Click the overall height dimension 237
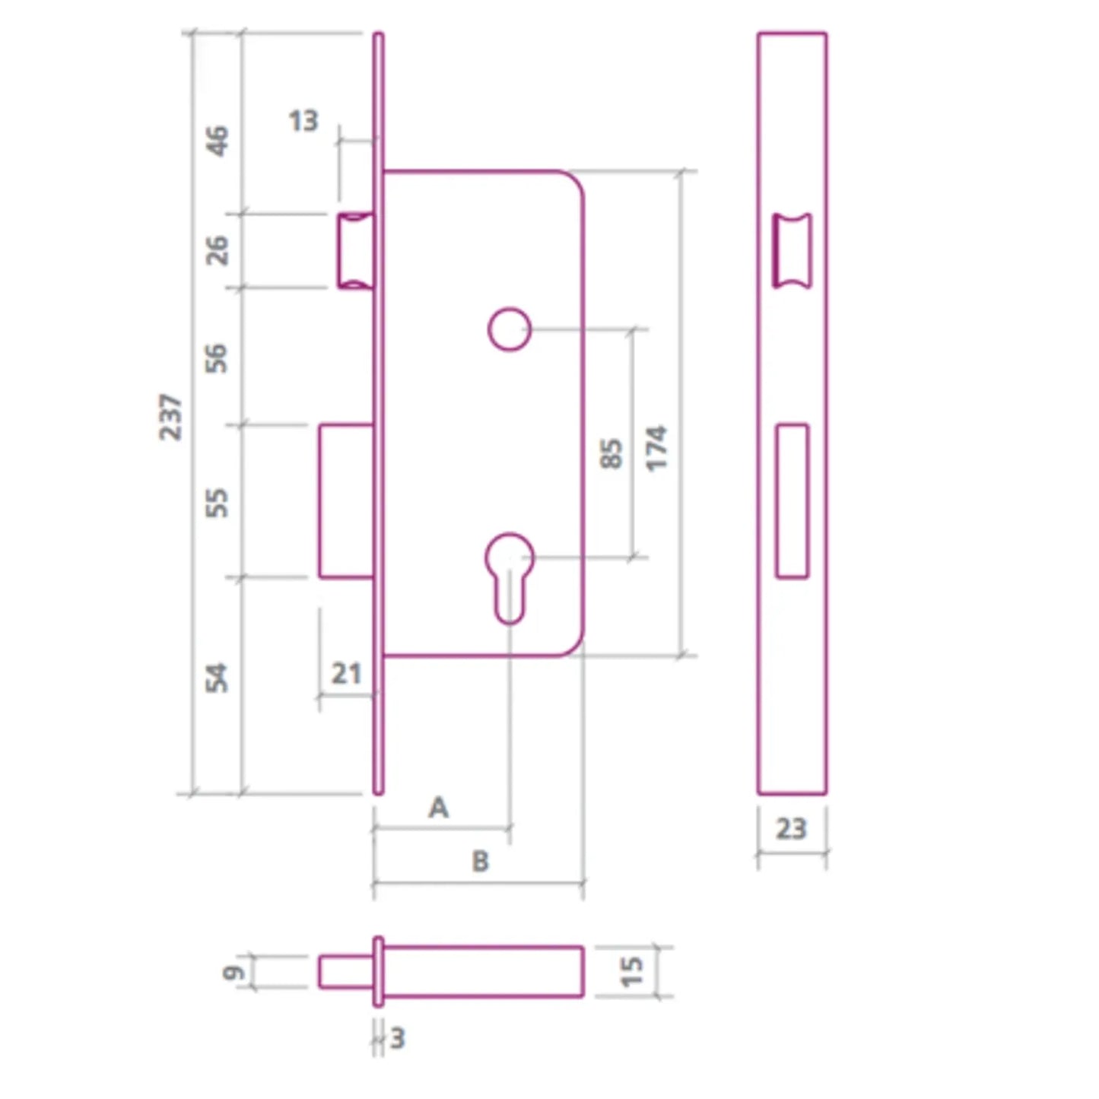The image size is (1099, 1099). [x=170, y=417]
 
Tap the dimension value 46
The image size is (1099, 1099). [x=217, y=141]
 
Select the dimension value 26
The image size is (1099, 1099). [x=217, y=250]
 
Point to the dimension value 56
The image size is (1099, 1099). [x=217, y=358]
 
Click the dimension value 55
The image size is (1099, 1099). [x=217, y=503]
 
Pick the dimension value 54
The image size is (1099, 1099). [x=217, y=678]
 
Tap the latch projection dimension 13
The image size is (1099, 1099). [x=303, y=121]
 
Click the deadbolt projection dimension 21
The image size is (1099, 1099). [x=346, y=674]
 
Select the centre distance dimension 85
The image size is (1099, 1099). [x=611, y=453]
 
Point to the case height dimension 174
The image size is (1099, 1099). [x=656, y=448]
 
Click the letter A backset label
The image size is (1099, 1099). [x=439, y=808]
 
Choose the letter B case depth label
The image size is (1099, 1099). [x=481, y=861]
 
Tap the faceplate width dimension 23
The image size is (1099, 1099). [x=792, y=829]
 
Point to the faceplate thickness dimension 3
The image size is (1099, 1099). [x=398, y=1038]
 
